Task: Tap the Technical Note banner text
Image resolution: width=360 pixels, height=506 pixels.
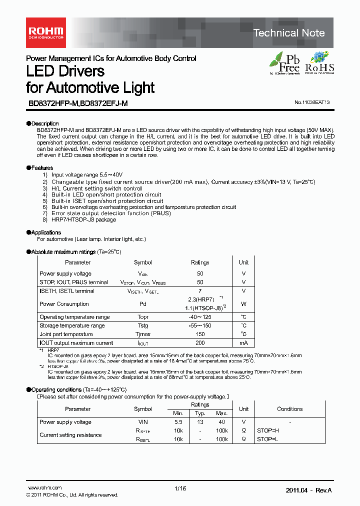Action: tap(289, 33)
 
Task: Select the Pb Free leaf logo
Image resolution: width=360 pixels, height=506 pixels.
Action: tap(285, 63)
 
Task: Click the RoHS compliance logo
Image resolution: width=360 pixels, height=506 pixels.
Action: tap(319, 63)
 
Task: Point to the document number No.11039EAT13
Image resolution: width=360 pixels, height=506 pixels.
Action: tap(312, 102)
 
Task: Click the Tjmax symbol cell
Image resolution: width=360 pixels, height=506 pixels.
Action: tap(142, 334)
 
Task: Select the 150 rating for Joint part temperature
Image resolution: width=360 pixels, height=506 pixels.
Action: tap(200, 334)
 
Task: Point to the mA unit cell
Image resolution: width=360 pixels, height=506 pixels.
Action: tap(243, 343)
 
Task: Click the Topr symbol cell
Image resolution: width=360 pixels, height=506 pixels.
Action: tap(142, 317)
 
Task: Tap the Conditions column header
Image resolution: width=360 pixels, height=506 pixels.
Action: tap(290, 409)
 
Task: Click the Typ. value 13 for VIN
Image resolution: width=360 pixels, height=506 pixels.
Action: tap(200, 422)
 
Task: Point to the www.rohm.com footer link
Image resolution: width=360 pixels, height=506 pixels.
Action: tap(44, 488)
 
